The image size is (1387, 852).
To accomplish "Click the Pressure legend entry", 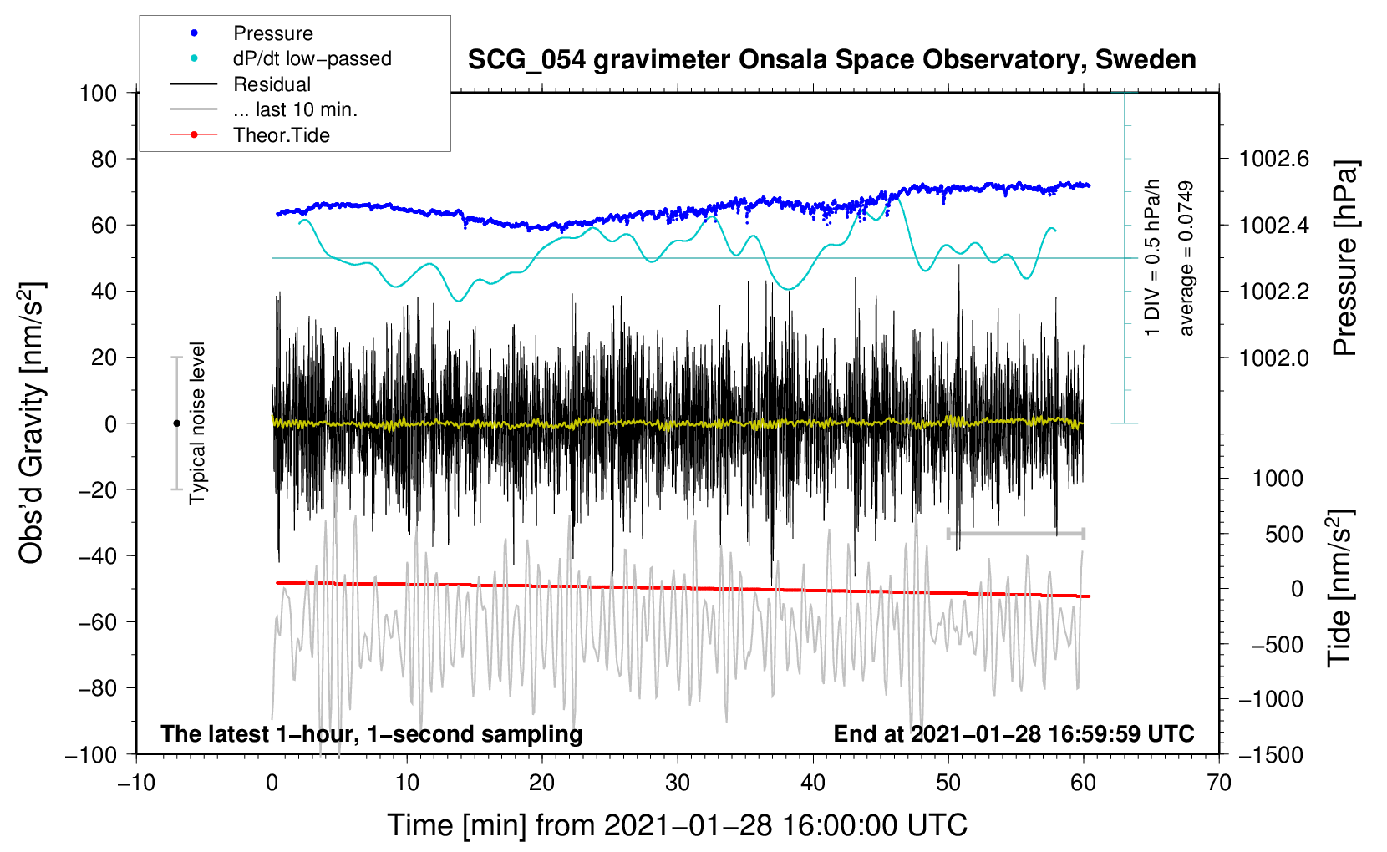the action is [241, 33].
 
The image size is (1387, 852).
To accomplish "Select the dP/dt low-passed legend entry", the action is [281, 58].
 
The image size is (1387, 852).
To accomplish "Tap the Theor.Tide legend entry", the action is [250, 135].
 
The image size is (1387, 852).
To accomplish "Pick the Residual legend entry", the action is [241, 84].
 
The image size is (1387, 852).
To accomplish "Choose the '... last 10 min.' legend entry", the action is [264, 109].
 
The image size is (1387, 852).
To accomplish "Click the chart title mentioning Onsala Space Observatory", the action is [831, 60].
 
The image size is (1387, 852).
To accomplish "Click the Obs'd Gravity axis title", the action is [32, 423].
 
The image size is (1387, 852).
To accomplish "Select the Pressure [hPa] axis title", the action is [1345, 258].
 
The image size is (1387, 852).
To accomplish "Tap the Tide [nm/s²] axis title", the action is [1341, 588].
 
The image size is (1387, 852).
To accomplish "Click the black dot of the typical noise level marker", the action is [176, 423].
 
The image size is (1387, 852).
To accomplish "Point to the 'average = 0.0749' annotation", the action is [1186, 258].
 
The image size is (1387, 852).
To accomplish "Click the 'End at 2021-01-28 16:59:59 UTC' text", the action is [1014, 733].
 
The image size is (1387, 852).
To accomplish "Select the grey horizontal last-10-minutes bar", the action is [1015, 533].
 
